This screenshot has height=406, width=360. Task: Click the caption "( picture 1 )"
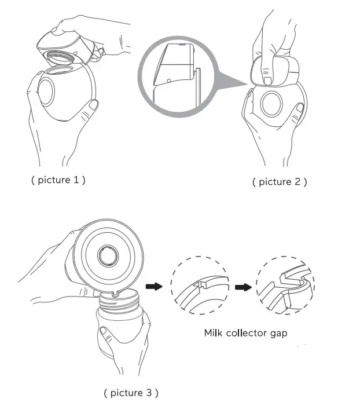coord(58,180)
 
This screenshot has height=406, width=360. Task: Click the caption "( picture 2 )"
coord(280,182)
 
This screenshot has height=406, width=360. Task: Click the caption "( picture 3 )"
coord(131,393)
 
